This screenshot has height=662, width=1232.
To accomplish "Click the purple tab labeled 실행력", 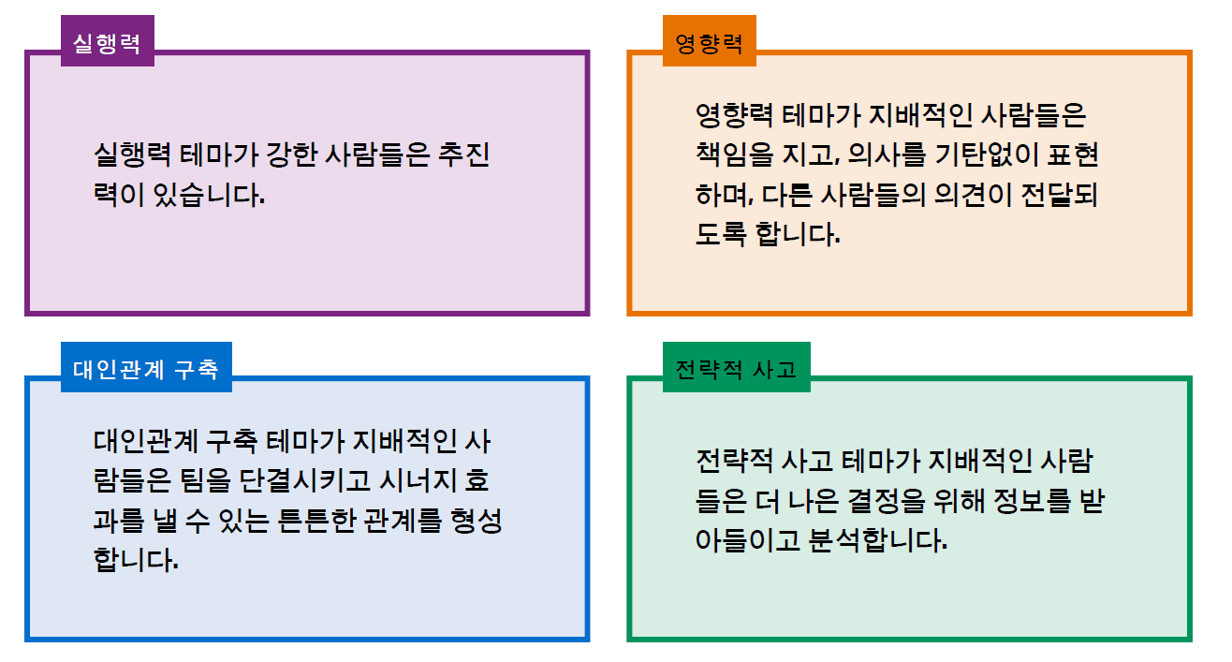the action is (108, 40).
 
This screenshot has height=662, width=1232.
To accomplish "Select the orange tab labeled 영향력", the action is (710, 40).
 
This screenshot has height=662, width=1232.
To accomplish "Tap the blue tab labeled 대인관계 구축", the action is (146, 367).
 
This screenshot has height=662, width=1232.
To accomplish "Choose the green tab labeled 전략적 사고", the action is (737, 367).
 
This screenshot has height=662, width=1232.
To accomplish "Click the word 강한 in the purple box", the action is (292, 154).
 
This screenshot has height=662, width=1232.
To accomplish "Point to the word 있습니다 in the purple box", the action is (209, 195).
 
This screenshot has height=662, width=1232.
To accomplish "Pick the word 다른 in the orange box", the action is (787, 195).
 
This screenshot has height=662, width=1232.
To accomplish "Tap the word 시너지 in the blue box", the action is (418, 480).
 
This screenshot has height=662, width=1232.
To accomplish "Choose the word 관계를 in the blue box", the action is (403, 521).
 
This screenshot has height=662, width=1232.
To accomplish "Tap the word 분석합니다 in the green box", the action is (878, 540).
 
